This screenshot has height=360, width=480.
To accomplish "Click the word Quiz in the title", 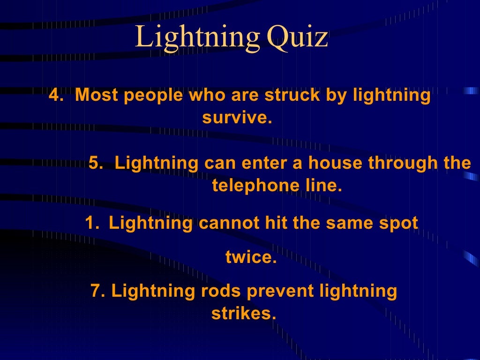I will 296,37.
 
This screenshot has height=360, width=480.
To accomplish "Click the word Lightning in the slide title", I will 197,37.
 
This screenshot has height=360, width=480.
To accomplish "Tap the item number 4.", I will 56,95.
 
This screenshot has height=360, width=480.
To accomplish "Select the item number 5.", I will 96,163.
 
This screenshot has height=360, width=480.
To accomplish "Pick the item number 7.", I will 97,291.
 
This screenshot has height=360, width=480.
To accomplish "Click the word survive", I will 237,118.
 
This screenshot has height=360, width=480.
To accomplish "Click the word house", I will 336,163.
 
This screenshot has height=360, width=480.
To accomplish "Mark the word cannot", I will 229,223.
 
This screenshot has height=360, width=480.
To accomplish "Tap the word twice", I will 251,257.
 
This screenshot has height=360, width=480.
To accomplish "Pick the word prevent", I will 281,291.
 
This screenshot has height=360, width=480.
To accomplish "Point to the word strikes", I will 243,314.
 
